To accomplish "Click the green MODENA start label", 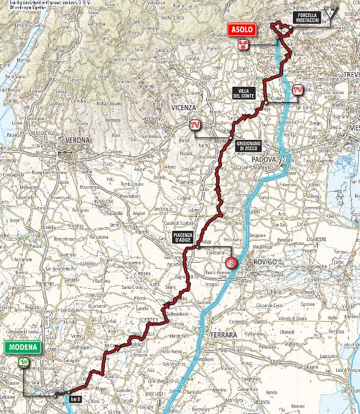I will coord(24,348).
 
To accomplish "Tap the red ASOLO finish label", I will coord(243,30).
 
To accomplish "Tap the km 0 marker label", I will coord(75,399).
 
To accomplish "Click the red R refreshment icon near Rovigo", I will coord(231,263).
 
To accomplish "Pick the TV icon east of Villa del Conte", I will coord(298,91).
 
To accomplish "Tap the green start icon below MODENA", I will coord(24,361).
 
